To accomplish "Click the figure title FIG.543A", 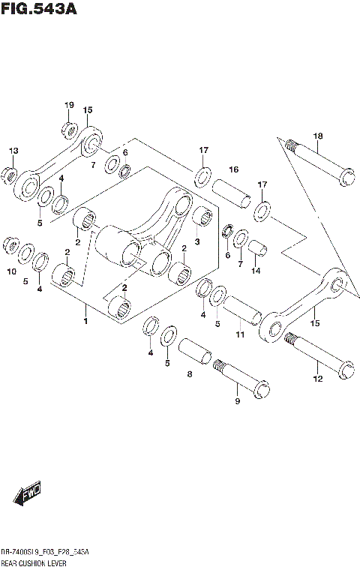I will click(39, 10).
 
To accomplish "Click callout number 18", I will click(318, 136).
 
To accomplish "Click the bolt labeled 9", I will click(242, 378).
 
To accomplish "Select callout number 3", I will click(197, 242).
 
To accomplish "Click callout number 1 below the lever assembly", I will click(86, 322).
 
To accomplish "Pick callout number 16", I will click(233, 170).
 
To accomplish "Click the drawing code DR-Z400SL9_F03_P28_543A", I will click(44, 552).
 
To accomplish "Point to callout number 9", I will click(238, 402).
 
